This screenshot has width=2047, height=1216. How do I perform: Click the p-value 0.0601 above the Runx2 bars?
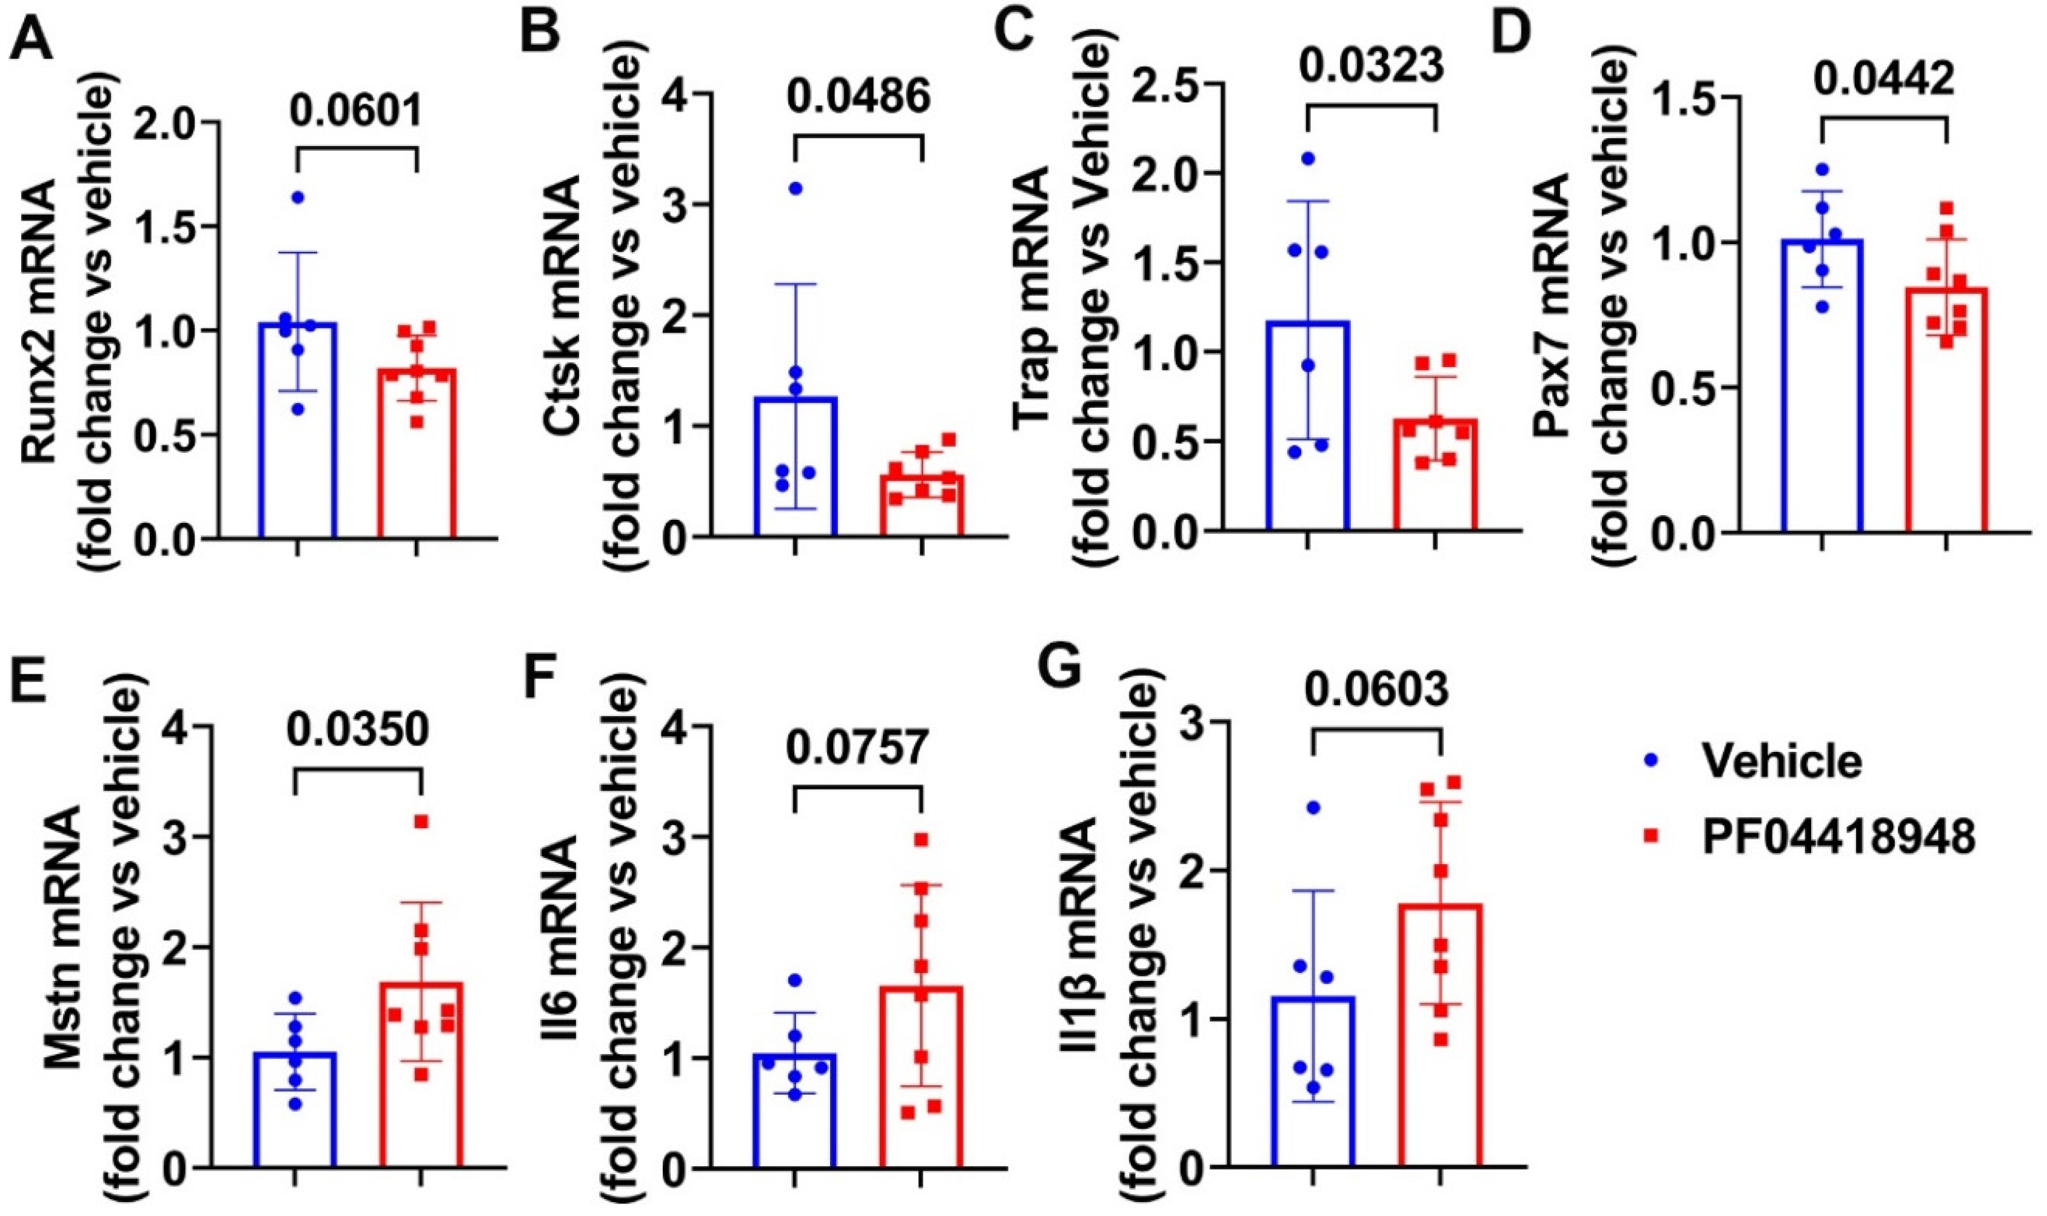(357, 111)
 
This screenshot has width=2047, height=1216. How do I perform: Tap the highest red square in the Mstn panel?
(421, 822)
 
